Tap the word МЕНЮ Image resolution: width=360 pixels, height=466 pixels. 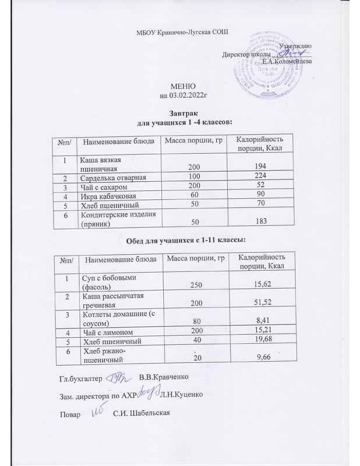[179, 86]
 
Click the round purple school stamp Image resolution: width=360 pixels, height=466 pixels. [264, 74]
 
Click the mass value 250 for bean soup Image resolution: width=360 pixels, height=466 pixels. [190, 284]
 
